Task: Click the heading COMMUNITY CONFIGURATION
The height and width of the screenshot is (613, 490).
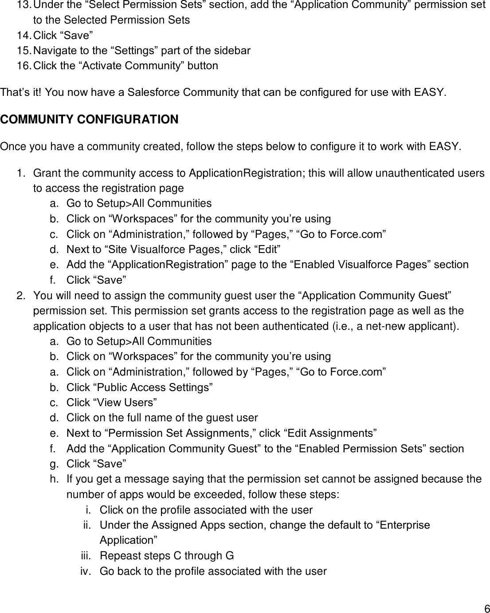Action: (x=89, y=120)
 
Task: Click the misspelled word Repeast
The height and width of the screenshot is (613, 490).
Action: (x=118, y=556)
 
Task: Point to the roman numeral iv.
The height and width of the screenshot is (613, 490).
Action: (x=85, y=571)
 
